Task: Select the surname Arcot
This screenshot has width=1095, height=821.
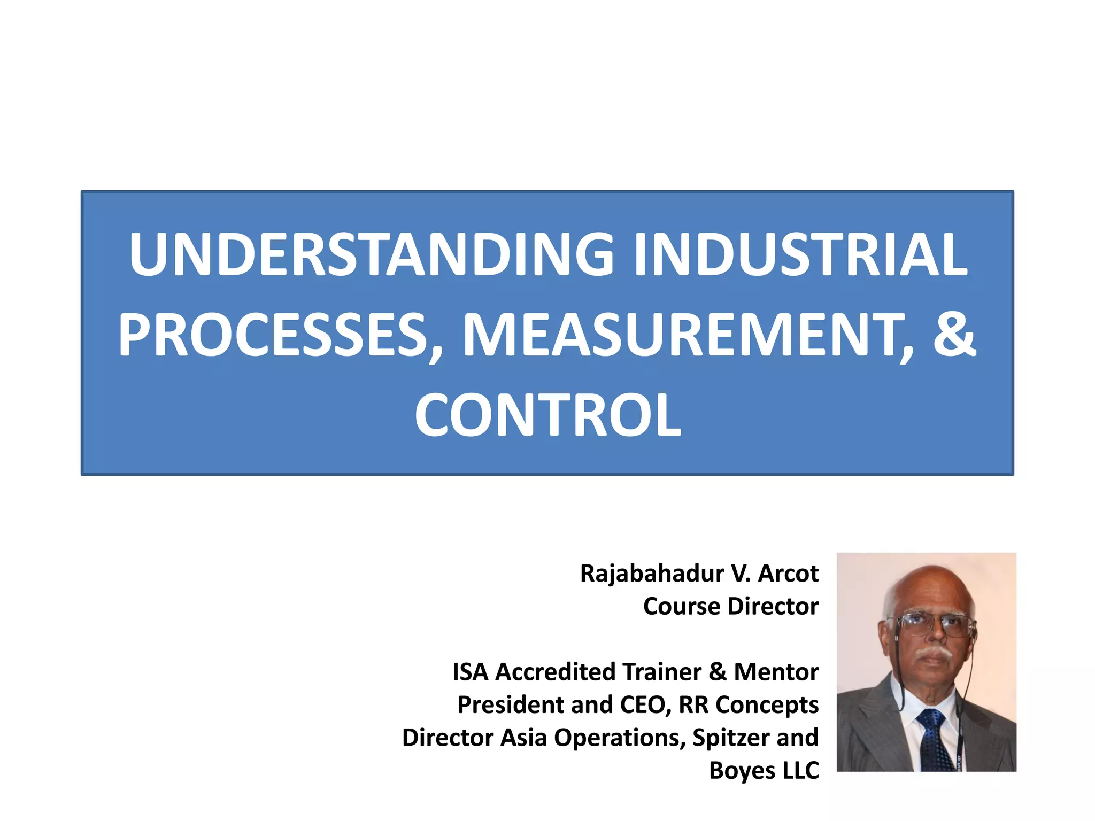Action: pyautogui.click(x=788, y=574)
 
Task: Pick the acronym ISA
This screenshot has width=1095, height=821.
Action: pyautogui.click(x=471, y=672)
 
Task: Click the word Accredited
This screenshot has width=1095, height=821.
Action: pyautogui.click(x=554, y=672)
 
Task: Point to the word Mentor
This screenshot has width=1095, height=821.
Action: pyautogui.click(x=776, y=672)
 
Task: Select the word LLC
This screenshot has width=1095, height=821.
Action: pyautogui.click(x=800, y=771)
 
